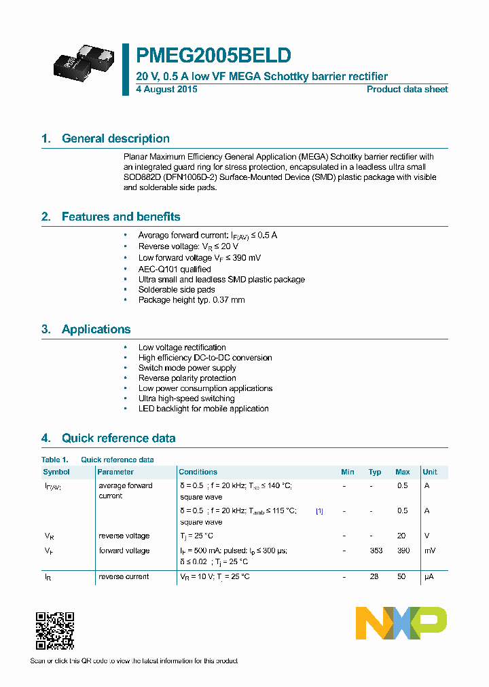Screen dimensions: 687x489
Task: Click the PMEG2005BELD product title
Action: (x=213, y=55)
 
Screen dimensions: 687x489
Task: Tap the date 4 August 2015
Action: (x=167, y=89)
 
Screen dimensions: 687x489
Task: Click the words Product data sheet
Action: (x=407, y=89)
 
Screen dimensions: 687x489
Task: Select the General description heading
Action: (x=115, y=138)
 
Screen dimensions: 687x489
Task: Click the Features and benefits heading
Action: (x=121, y=217)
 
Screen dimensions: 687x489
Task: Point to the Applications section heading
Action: (x=96, y=329)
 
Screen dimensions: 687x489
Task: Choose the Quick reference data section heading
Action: (x=118, y=438)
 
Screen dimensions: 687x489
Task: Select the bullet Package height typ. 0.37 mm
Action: (x=191, y=299)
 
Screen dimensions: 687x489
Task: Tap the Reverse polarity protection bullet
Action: (x=187, y=378)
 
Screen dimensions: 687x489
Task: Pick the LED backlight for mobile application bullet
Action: (x=203, y=409)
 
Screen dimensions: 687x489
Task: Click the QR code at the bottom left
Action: (x=54, y=631)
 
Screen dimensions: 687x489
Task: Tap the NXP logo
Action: (x=401, y=623)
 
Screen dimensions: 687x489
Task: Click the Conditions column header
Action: (x=198, y=472)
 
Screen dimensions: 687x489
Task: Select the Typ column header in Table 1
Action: (x=375, y=472)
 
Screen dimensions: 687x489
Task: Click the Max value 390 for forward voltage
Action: (x=403, y=551)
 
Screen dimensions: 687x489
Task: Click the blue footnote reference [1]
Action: (x=319, y=511)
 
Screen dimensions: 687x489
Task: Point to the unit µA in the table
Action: (x=429, y=576)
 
